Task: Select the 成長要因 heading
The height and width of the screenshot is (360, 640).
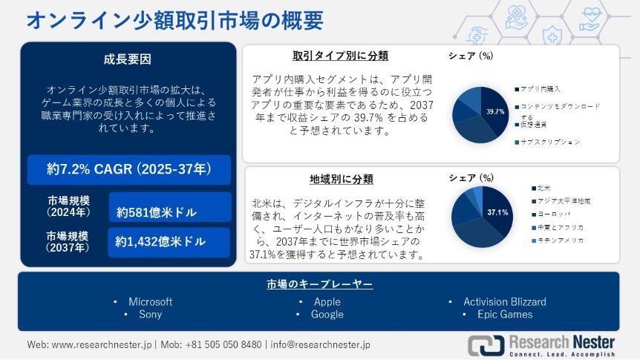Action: [x=127, y=59]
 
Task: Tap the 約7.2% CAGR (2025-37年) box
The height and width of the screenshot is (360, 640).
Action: [x=128, y=169]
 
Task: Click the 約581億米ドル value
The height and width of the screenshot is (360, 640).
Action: [x=157, y=212]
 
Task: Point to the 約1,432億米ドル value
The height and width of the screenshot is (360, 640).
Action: [x=160, y=241]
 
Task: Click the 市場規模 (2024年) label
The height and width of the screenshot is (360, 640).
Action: [x=68, y=206]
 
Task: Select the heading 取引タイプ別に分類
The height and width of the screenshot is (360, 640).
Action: [x=340, y=56]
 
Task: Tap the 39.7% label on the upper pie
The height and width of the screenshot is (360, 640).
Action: [x=495, y=112]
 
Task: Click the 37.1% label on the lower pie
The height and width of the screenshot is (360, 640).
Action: [x=497, y=213]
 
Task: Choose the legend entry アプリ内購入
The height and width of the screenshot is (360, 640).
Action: [x=540, y=88]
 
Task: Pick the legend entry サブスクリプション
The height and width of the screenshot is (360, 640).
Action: [x=549, y=141]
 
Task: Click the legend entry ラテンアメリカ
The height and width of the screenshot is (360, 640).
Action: [x=560, y=240]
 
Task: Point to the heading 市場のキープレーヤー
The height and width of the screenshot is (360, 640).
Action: [x=319, y=284]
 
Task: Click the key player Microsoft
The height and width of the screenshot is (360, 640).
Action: [x=150, y=301]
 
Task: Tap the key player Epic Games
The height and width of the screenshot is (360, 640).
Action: [x=505, y=314]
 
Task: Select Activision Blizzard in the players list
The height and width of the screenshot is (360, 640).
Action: [x=505, y=301]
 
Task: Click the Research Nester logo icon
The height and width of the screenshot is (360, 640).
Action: [x=486, y=344]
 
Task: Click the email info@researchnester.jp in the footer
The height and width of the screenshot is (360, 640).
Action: [x=321, y=344]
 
